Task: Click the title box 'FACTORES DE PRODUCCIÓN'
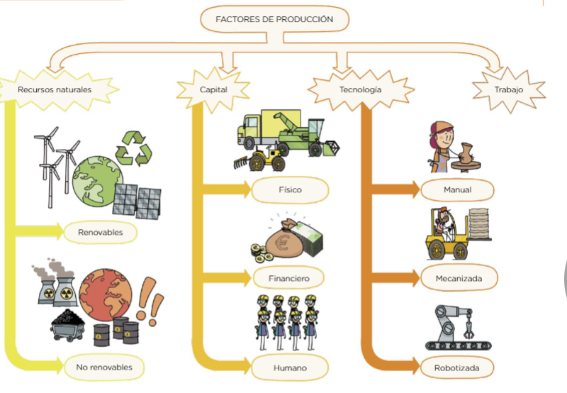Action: (274, 19)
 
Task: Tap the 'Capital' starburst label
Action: (213, 90)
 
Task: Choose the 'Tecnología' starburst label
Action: (360, 90)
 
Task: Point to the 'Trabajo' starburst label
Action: (507, 90)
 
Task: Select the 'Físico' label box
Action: (289, 190)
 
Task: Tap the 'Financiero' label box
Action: (289, 278)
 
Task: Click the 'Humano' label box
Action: (289, 367)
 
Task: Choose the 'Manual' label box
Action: (457, 190)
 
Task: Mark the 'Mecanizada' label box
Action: (458, 278)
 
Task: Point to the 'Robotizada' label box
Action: (458, 367)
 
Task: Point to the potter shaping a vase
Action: (452, 149)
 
